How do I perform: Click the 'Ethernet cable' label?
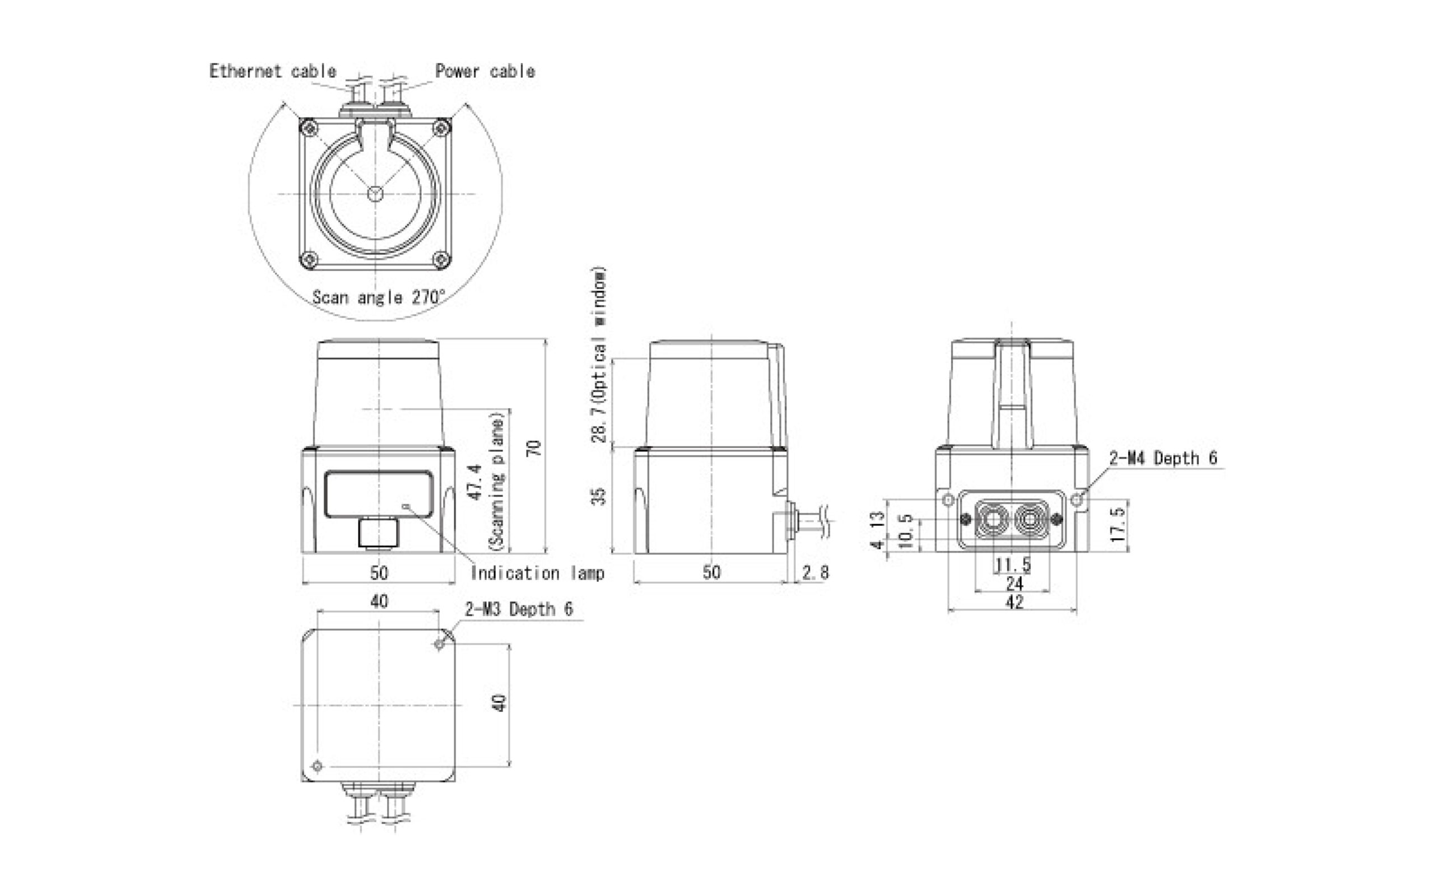tap(273, 71)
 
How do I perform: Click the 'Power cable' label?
tap(485, 71)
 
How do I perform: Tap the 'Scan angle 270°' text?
tap(379, 297)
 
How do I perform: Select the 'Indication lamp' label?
tap(537, 573)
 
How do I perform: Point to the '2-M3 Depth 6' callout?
tap(519, 609)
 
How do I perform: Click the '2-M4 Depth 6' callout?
tap(1163, 458)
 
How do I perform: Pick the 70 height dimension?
tap(534, 447)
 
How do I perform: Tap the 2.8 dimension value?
tap(816, 572)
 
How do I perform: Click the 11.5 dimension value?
tap(1013, 564)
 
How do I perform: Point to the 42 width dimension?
tap(1014, 602)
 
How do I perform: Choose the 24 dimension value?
tap(1014, 584)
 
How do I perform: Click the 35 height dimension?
tap(600, 497)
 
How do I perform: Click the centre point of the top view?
tap(375, 194)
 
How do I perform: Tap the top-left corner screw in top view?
tap(309, 127)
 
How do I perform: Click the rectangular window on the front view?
tap(379, 493)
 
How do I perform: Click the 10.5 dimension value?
tap(905, 531)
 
